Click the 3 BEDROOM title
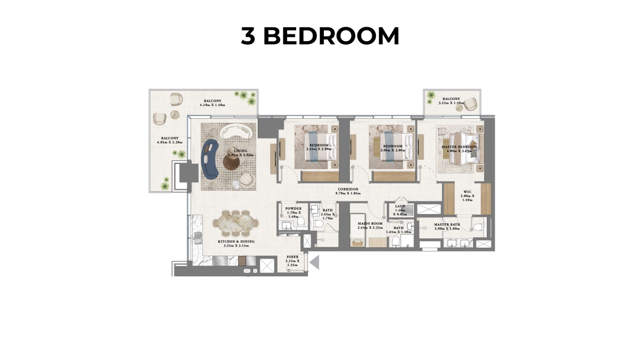(320, 36)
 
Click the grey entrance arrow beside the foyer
(315, 262)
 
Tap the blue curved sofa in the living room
(210, 159)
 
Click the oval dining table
(236, 223)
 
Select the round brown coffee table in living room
(232, 161)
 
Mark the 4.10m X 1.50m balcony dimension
(212, 105)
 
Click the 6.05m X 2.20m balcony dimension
(170, 142)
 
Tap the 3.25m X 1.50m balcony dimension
(451, 103)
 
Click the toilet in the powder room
(300, 222)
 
